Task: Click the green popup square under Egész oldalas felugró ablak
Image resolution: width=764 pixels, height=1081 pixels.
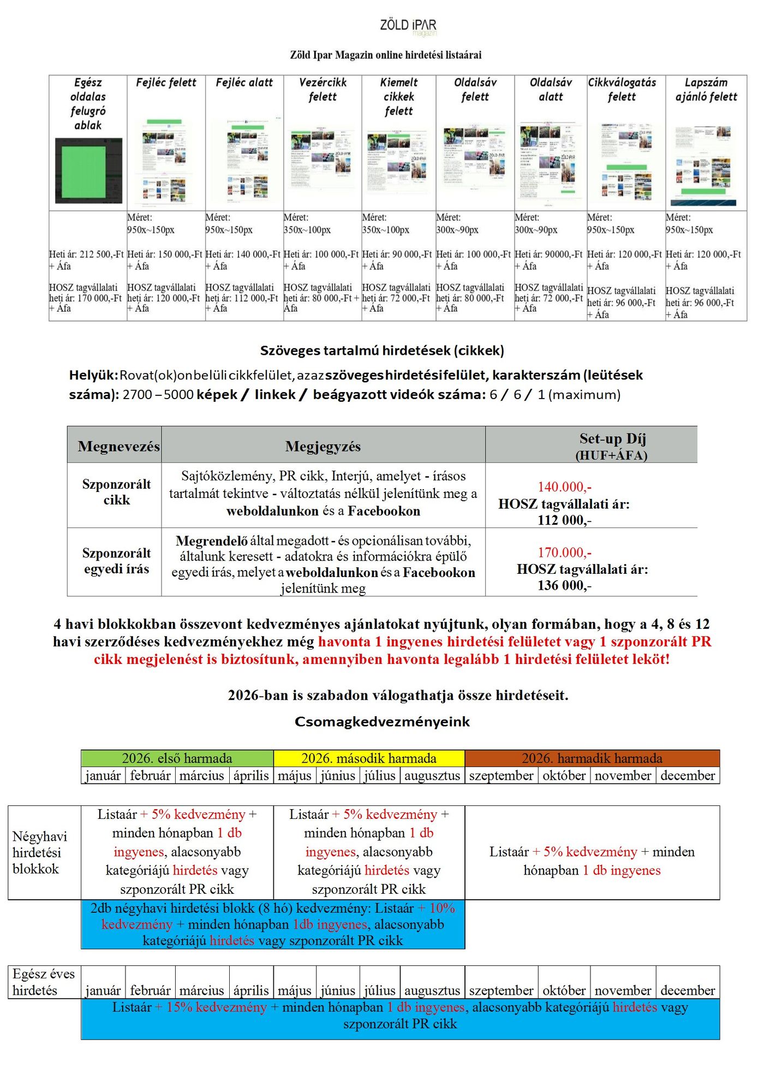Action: coord(88,170)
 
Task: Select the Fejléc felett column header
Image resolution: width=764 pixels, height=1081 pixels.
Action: coord(166,82)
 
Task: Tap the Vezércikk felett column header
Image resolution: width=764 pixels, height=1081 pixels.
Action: coord(323,90)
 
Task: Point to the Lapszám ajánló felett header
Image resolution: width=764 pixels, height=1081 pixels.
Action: coord(706,90)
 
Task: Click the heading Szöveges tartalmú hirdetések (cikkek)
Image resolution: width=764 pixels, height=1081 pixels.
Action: coord(382,350)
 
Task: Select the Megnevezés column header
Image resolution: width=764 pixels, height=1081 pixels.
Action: coord(118,447)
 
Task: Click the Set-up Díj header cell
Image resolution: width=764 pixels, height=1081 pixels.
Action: coord(612,446)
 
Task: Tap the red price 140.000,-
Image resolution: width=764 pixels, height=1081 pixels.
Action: coord(564,486)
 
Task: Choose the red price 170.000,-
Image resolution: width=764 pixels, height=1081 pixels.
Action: coord(564,552)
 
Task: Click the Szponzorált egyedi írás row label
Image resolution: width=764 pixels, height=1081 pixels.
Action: coord(116,561)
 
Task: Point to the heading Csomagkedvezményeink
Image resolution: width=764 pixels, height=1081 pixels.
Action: coord(382,722)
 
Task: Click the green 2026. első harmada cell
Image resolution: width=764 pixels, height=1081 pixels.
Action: coord(177,758)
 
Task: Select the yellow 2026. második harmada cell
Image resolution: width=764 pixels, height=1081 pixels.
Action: coord(369,758)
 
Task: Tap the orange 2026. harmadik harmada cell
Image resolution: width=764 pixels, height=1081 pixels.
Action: coord(592,758)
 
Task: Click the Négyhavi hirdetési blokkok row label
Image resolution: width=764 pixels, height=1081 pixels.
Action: coord(40,852)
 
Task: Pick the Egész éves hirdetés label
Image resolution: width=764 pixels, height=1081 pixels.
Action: coord(44,982)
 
